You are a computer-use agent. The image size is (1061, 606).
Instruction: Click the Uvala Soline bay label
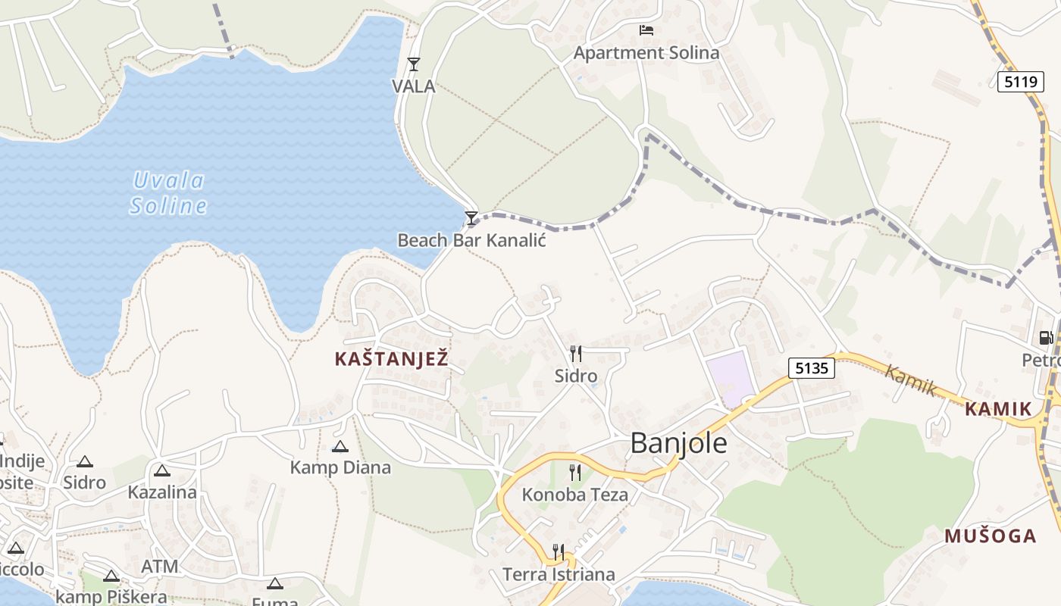tap(168, 192)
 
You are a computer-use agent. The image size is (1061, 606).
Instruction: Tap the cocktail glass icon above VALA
tap(414, 64)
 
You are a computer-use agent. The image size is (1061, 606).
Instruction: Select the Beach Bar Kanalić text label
tap(471, 240)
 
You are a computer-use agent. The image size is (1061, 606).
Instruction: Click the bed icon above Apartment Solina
tap(646, 30)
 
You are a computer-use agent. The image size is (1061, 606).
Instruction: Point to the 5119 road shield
tap(1020, 82)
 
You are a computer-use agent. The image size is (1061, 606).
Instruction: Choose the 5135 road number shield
tap(811, 368)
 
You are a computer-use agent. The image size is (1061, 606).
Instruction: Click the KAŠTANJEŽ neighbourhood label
tap(392, 360)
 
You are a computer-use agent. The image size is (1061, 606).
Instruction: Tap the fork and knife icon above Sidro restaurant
tap(576, 354)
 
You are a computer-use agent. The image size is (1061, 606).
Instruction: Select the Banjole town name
tap(678, 443)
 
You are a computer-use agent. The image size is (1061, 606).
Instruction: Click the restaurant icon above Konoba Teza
tap(575, 473)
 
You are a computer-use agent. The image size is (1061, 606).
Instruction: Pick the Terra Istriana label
tap(559, 574)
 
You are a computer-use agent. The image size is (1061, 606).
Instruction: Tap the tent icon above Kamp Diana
tap(340, 446)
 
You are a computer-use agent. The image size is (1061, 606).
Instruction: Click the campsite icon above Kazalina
tap(161, 470)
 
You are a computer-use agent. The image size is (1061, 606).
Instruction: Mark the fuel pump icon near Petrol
tap(1046, 338)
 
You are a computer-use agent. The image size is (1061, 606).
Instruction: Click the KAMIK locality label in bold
tap(998, 410)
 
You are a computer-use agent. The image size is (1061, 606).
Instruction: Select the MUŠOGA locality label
tap(990, 536)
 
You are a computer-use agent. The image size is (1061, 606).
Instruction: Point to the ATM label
tap(160, 566)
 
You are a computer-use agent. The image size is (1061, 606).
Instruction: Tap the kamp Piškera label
tap(111, 597)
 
